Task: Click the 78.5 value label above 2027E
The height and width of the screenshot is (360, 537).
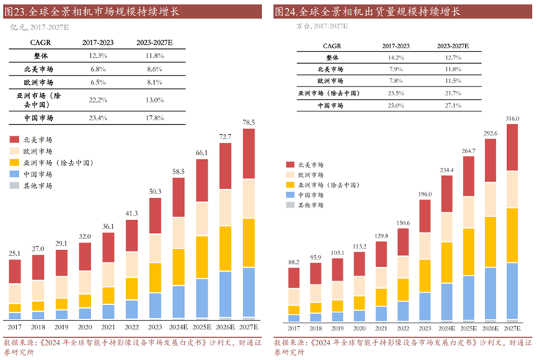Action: [248, 122]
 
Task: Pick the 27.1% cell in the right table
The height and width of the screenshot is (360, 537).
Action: [452, 106]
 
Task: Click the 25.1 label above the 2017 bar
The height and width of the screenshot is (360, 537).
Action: [15, 253]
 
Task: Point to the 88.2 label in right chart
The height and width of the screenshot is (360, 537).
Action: [293, 261]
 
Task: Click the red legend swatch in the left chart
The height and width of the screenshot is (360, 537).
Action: [15, 139]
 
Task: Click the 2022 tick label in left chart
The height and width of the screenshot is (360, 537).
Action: [131, 328]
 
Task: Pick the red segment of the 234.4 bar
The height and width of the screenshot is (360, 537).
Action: [447, 194]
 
